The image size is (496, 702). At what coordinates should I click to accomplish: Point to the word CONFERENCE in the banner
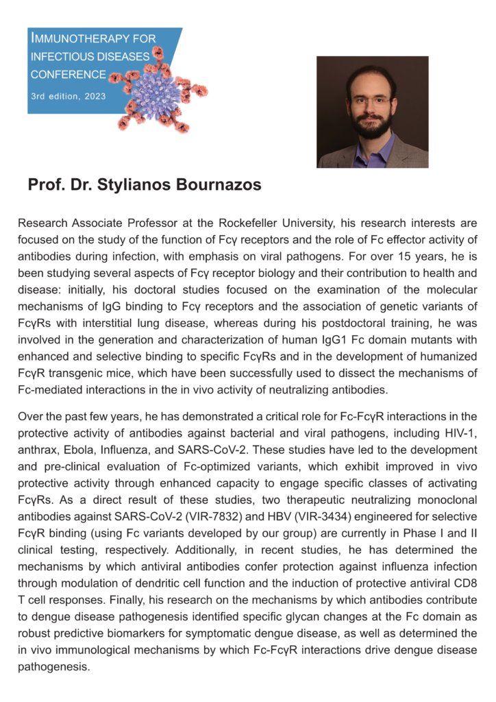(68, 75)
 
